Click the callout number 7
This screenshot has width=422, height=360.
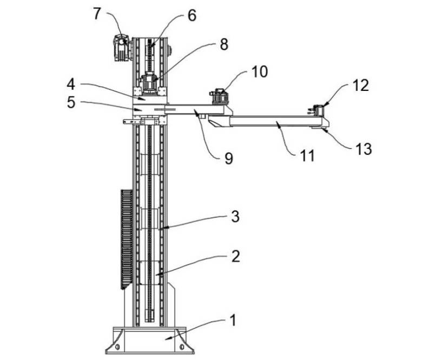[x=97, y=14]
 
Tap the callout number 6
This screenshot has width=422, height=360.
[x=192, y=16]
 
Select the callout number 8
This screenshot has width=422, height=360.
[x=224, y=44]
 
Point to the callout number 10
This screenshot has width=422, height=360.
[x=260, y=71]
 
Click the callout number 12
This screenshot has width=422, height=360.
[x=361, y=85]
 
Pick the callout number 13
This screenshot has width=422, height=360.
[x=364, y=149]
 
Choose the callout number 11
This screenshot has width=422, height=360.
[x=307, y=155]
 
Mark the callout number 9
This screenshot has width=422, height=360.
[x=228, y=158]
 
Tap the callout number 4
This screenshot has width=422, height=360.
[x=71, y=84]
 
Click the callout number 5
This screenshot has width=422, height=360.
[x=71, y=102]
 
